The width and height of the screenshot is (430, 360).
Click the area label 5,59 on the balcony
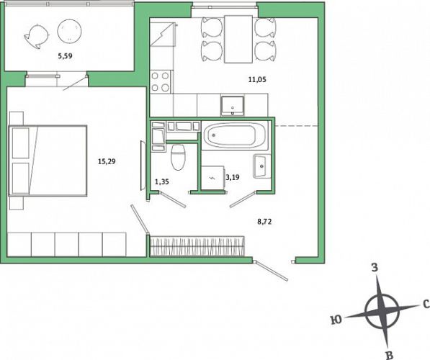65,56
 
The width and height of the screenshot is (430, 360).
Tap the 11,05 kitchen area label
257,80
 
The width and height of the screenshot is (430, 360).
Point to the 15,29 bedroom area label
107,161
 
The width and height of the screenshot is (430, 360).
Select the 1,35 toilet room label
162,181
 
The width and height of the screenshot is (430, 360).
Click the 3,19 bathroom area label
233,177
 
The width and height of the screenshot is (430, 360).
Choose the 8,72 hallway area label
264,222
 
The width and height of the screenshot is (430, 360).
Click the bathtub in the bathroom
235,135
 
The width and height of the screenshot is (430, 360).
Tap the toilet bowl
178,157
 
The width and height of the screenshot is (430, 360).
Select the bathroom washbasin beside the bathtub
262,166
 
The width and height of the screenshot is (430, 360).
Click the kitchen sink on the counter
233,105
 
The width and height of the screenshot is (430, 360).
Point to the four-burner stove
161,81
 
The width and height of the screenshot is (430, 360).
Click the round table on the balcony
70,31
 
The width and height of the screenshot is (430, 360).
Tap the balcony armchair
37,37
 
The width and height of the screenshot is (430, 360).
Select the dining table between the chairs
238,39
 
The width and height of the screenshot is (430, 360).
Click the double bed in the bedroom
48,161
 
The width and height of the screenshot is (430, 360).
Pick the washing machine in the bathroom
212,177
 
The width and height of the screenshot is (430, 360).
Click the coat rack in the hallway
197,246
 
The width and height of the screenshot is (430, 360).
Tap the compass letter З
375,267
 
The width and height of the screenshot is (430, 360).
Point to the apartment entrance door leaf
272,271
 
